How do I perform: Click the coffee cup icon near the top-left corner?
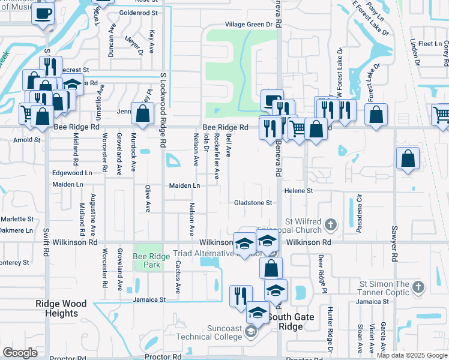tap(43, 13)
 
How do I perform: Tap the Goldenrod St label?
tap(138, 12)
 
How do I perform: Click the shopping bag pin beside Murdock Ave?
tap(142, 113)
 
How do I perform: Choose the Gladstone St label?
tap(253, 203)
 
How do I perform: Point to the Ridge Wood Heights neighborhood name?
tap(61, 308)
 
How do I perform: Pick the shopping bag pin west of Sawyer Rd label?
tap(408, 159)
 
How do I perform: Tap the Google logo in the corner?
tap(20, 353)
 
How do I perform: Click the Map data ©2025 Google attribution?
tap(412, 355)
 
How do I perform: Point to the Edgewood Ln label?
tap(73, 172)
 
